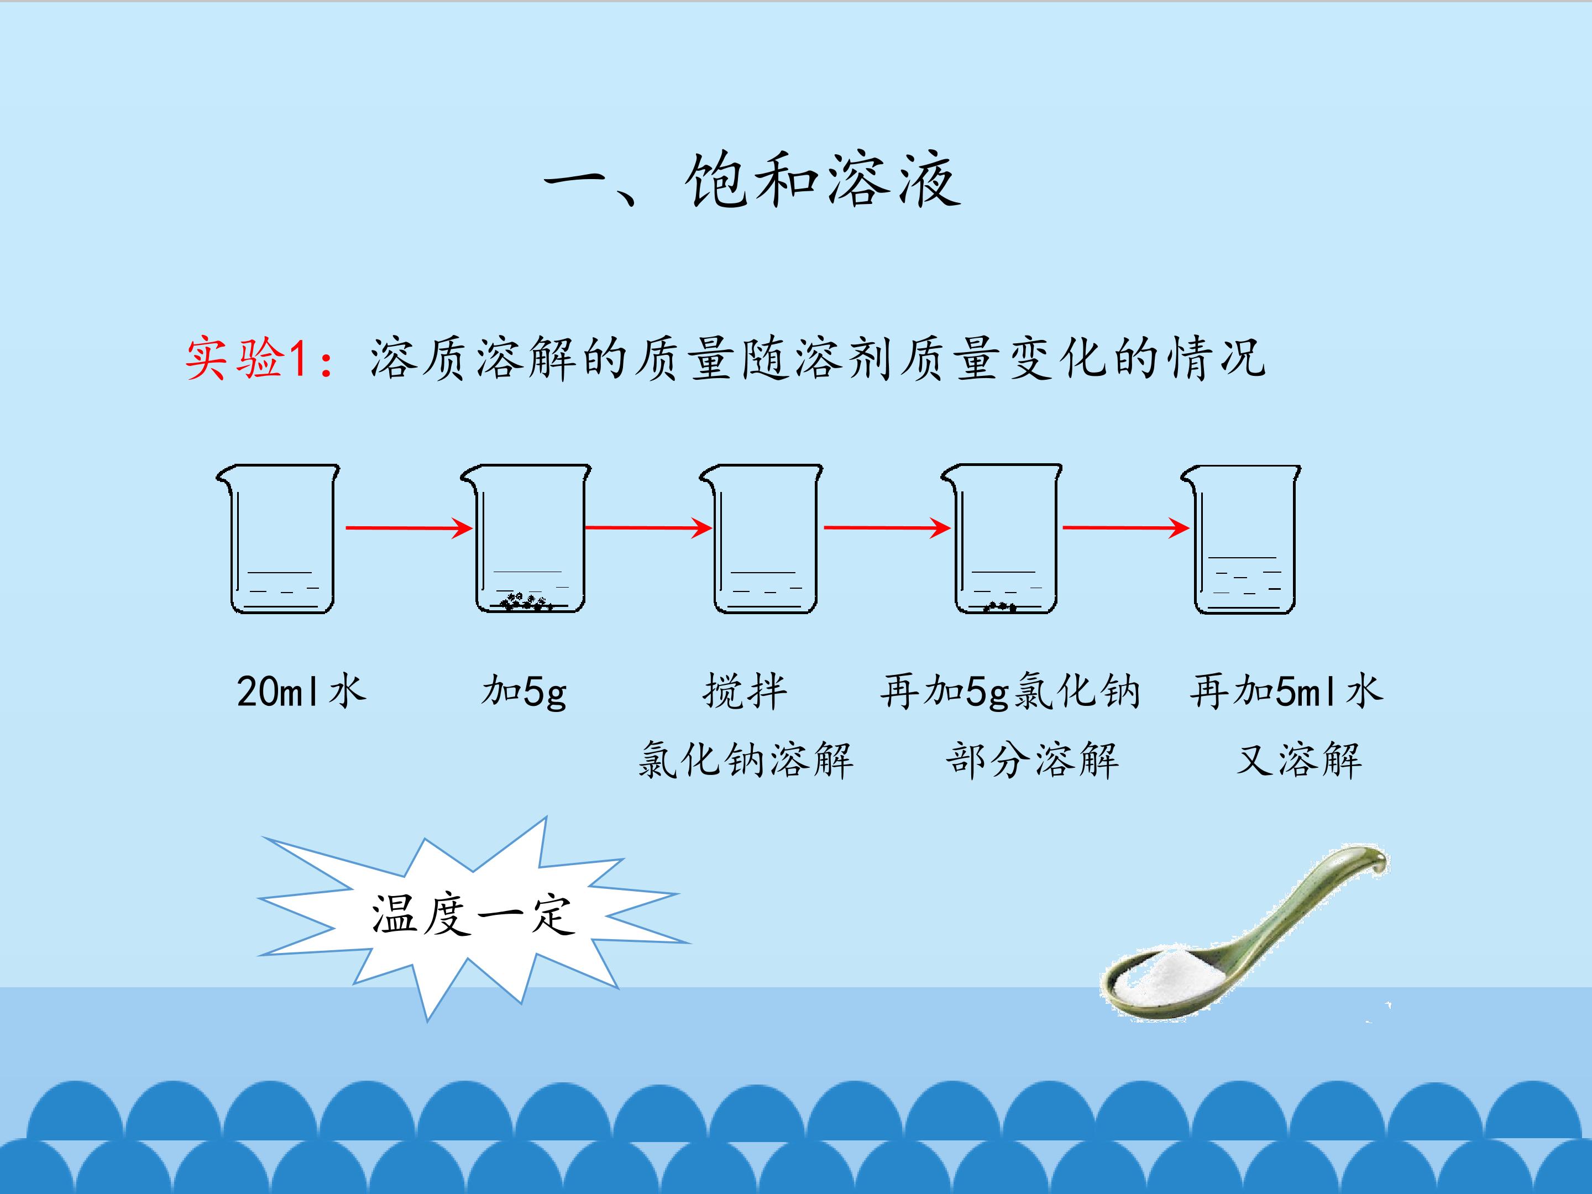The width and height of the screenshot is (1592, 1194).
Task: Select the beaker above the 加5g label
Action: [526, 539]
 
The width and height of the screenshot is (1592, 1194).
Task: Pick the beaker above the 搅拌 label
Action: [762, 539]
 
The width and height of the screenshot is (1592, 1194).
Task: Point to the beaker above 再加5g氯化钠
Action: [1003, 539]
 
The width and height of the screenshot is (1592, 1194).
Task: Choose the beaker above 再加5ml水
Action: [1242, 539]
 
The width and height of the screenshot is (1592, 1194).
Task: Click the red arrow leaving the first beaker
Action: [409, 528]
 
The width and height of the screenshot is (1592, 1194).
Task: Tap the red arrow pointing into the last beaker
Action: [1125, 528]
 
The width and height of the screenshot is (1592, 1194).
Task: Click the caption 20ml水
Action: [301, 691]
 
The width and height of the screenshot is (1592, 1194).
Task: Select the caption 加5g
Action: [524, 692]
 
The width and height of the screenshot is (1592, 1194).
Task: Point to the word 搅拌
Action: [745, 691]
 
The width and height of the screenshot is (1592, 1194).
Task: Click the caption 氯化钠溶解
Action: [746, 760]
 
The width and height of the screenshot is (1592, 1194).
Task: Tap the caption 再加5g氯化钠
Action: [1010, 692]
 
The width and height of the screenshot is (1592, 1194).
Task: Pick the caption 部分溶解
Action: [1032, 760]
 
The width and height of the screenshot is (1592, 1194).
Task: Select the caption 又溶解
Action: [1299, 760]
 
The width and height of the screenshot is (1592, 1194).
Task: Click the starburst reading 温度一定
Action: [473, 915]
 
